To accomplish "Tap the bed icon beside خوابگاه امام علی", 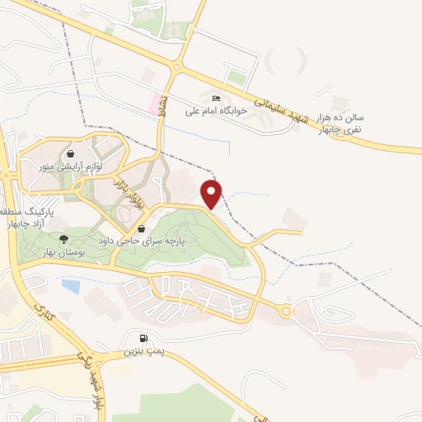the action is [x=216, y=99].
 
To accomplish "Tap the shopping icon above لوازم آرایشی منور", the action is [x=71, y=153].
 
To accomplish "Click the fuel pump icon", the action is [x=145, y=339].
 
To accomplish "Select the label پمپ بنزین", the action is [x=144, y=352].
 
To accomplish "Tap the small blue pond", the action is [x=71, y=287].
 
